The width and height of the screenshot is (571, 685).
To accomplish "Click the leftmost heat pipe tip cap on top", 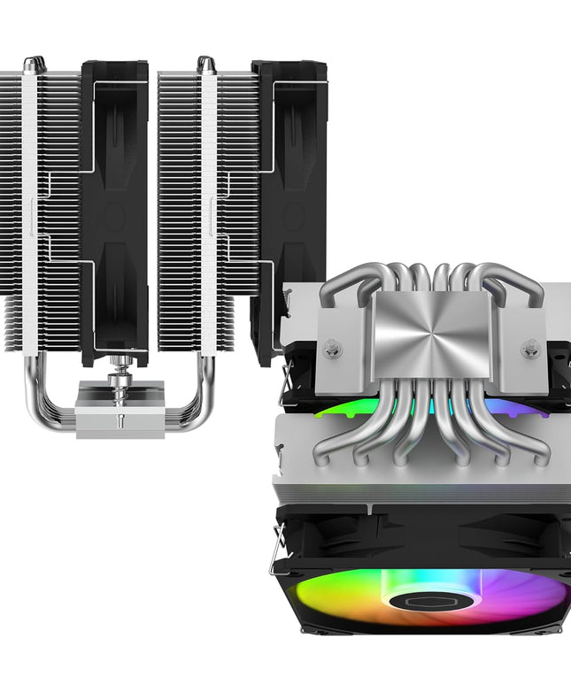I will click(x=33, y=63).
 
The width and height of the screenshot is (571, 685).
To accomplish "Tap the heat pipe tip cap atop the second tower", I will click(x=205, y=63).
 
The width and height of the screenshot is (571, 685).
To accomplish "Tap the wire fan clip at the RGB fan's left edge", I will click(x=278, y=549).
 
